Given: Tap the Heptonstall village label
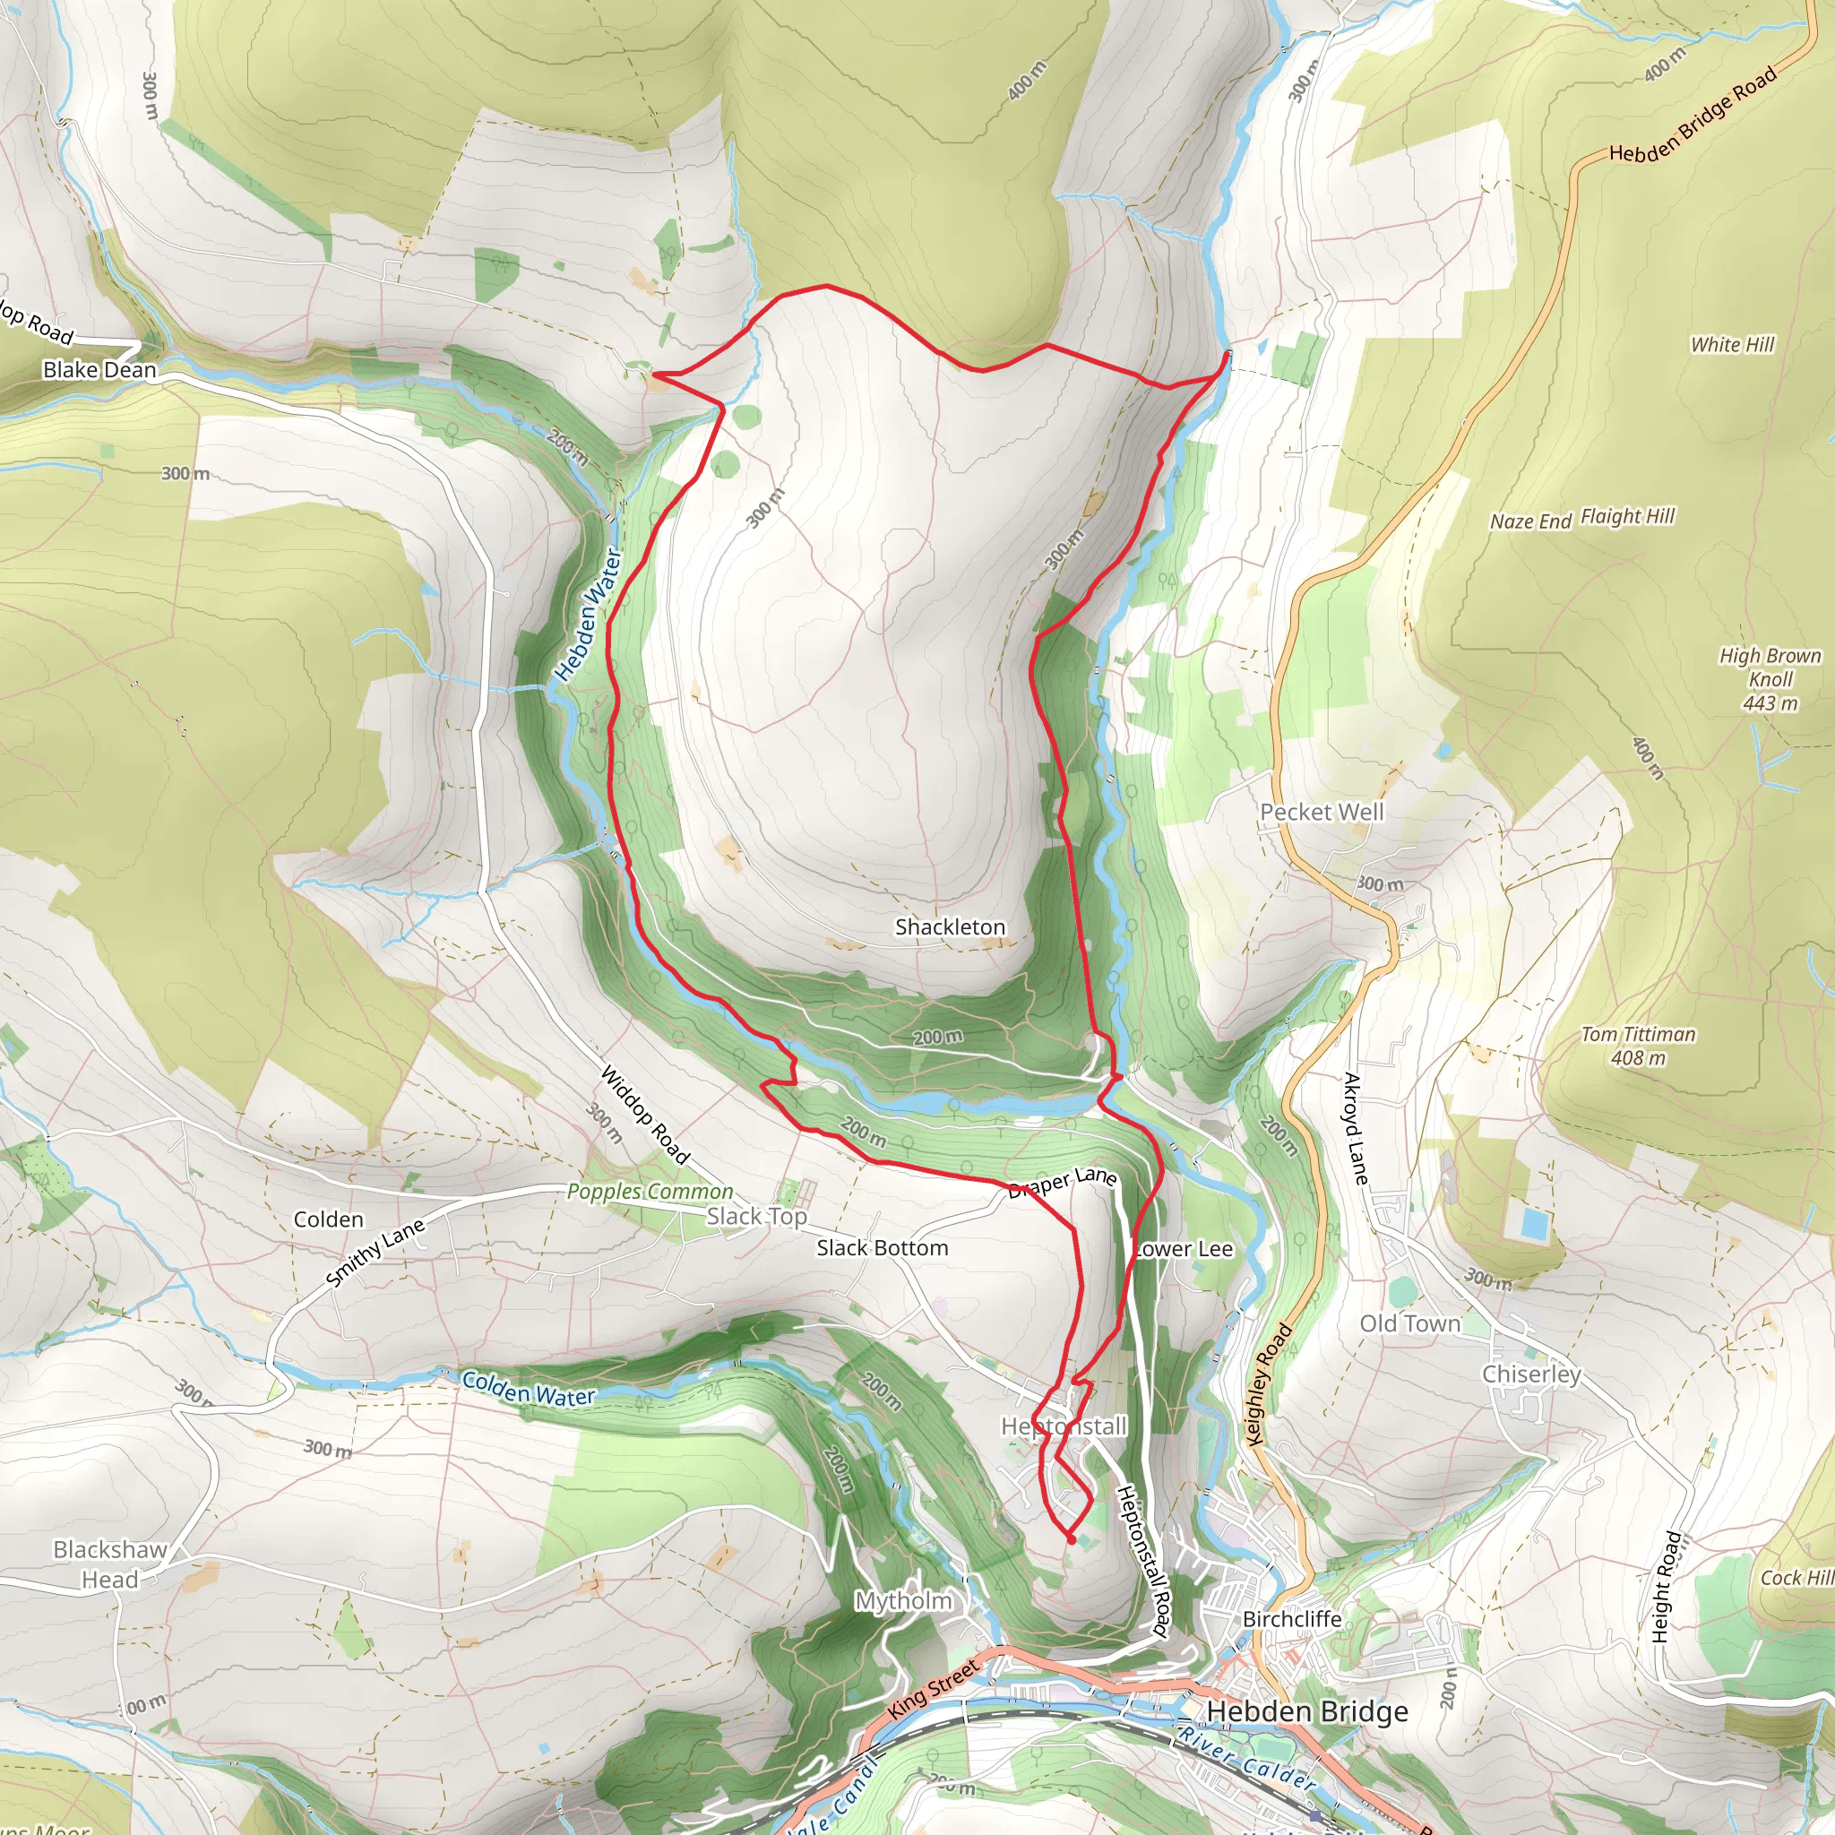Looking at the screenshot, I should (x=1064, y=1426).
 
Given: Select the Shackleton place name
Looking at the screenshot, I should (x=950, y=927).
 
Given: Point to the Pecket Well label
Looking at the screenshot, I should (x=1322, y=812).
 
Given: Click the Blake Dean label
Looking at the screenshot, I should (x=99, y=369).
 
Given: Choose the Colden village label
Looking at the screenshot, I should (x=329, y=1219).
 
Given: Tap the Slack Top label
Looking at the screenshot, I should (x=757, y=1217).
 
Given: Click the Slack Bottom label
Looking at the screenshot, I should (x=883, y=1248).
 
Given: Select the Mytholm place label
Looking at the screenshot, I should (x=903, y=1600).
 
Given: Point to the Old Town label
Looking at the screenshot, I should (x=1409, y=1324).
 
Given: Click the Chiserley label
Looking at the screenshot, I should (x=1532, y=1374).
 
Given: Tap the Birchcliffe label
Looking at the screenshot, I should (x=1292, y=1618).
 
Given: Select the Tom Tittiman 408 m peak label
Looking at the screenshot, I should (x=1639, y=1046).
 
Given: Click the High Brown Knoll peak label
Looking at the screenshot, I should (x=1770, y=679).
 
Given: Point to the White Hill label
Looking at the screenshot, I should (x=1733, y=345).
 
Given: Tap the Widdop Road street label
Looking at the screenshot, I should (x=645, y=1114).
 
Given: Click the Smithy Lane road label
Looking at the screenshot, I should (x=375, y=1253).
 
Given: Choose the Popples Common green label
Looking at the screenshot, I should (x=650, y=1191).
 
